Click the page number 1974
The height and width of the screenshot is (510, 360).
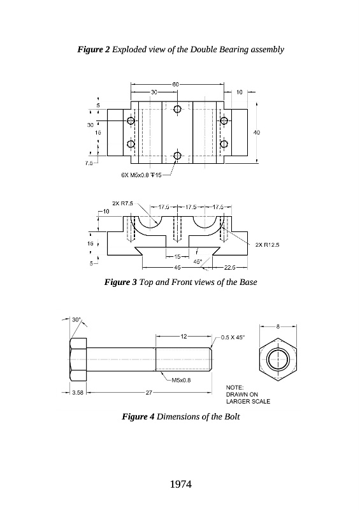180,484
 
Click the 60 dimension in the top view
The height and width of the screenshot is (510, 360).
175,84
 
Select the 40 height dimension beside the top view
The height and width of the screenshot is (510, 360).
257,133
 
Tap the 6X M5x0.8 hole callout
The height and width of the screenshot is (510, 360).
141,175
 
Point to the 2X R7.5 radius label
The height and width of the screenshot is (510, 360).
122,203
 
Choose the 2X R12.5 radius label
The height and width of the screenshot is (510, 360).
268,245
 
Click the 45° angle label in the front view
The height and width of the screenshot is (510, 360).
198,261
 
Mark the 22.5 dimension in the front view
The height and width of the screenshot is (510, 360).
229,267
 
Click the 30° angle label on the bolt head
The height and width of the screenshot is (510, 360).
76,320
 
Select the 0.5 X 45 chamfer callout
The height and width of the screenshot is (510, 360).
233,337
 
